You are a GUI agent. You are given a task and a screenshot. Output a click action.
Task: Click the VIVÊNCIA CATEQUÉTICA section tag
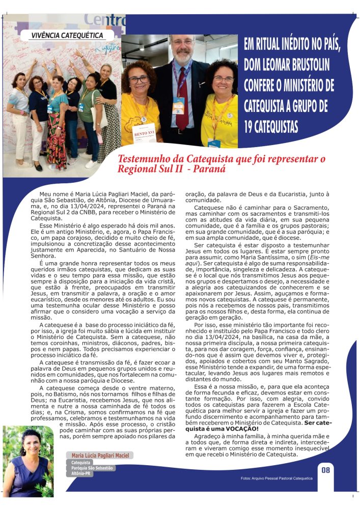pyautogui.click(x=64, y=36)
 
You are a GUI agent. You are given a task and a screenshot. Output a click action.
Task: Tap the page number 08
pyautogui.click(x=325, y=470)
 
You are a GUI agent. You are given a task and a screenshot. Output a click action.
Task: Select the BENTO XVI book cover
pyautogui.click(x=144, y=133)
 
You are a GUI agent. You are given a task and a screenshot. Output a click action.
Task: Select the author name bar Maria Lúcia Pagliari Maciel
pyautogui.click(x=99, y=455)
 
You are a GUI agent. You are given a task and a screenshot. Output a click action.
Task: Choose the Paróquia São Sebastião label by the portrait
pyautogui.click(x=93, y=467)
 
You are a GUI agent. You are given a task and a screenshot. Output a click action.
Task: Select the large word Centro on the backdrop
pyautogui.click(x=104, y=20)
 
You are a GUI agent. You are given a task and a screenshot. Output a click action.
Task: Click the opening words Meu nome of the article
pyautogui.click(x=52, y=194)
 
